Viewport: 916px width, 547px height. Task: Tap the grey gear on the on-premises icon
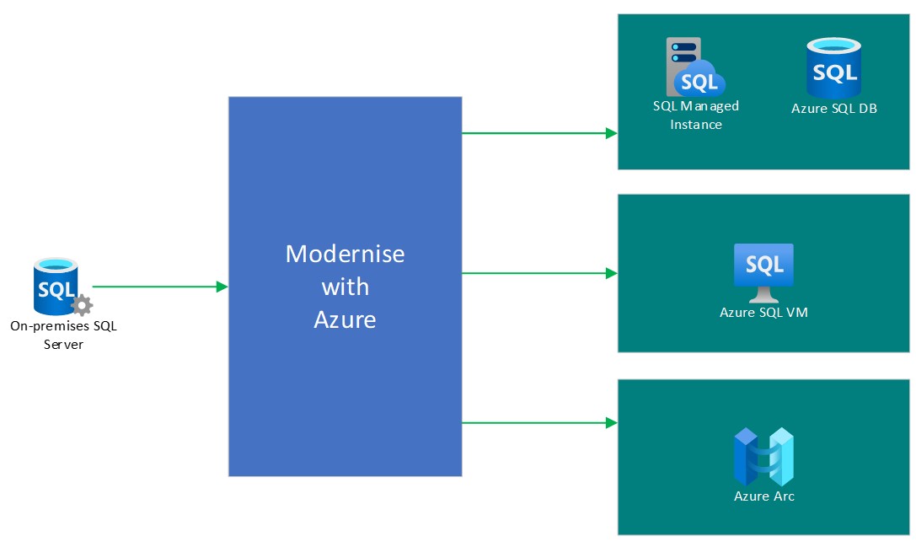point(81,305)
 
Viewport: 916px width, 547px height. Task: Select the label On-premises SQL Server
point(63,335)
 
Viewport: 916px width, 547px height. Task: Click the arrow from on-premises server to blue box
point(160,287)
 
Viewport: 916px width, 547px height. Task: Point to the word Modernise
point(345,254)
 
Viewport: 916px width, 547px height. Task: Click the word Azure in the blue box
point(345,319)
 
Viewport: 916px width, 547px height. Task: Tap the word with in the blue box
point(345,287)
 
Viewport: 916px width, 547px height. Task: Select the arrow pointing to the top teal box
point(539,132)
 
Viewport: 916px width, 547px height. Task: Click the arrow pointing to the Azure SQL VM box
point(539,273)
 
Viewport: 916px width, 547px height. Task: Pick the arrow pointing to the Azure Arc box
point(539,422)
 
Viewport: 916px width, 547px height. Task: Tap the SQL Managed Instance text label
point(696,115)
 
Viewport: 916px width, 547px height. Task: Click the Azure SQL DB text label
point(833,109)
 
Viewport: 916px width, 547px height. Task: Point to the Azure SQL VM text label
point(763,313)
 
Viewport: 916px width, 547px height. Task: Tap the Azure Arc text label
point(763,496)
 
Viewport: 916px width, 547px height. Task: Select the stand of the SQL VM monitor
point(763,296)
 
